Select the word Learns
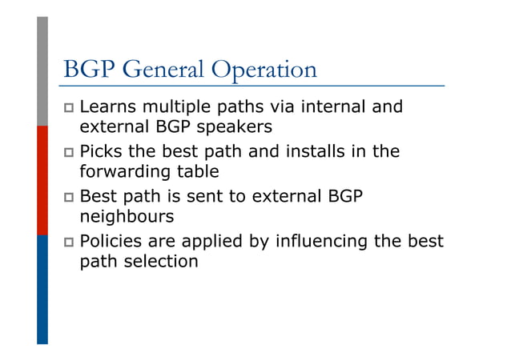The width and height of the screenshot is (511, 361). [x=109, y=107]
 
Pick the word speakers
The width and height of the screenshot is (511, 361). [x=239, y=126]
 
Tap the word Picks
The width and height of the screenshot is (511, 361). [x=102, y=152]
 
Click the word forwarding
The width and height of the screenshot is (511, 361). [x=120, y=171]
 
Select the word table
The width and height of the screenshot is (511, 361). [x=193, y=171]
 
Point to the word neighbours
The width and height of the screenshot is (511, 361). [x=126, y=216]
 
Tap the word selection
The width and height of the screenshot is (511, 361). [x=159, y=261]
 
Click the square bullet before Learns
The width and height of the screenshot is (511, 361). [x=69, y=108]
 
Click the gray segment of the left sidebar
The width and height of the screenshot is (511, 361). [x=42, y=72]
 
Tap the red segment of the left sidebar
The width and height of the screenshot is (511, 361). [x=42, y=180]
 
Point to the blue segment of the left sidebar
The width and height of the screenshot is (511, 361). [x=42, y=288]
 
